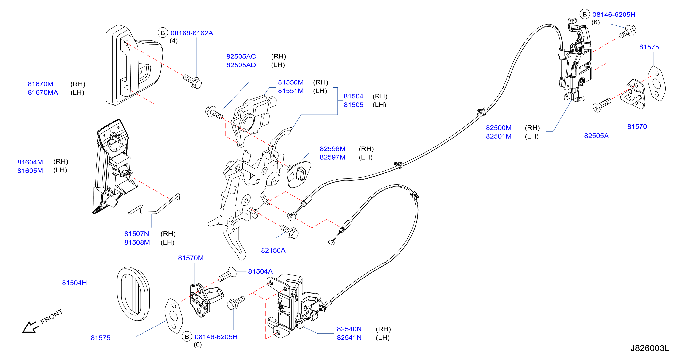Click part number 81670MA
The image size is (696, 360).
click(x=43, y=92)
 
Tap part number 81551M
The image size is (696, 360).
click(x=291, y=91)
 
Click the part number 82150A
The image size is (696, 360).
click(x=273, y=250)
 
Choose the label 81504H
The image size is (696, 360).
click(x=74, y=283)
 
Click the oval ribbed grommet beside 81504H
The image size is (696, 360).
click(x=133, y=294)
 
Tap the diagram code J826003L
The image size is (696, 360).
click(x=650, y=348)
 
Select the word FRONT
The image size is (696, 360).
click(x=51, y=317)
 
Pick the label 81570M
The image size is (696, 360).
click(x=191, y=258)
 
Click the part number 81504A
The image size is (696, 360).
click(x=260, y=271)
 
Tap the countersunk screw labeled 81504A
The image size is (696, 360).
click(x=227, y=274)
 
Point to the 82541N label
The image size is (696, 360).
click(x=349, y=338)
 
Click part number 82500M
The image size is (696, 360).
click(x=498, y=128)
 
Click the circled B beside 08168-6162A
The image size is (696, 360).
click(x=163, y=33)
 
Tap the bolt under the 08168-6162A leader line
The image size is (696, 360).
click(x=193, y=81)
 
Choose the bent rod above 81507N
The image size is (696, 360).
click(x=154, y=204)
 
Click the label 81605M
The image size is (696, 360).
click(x=30, y=171)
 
